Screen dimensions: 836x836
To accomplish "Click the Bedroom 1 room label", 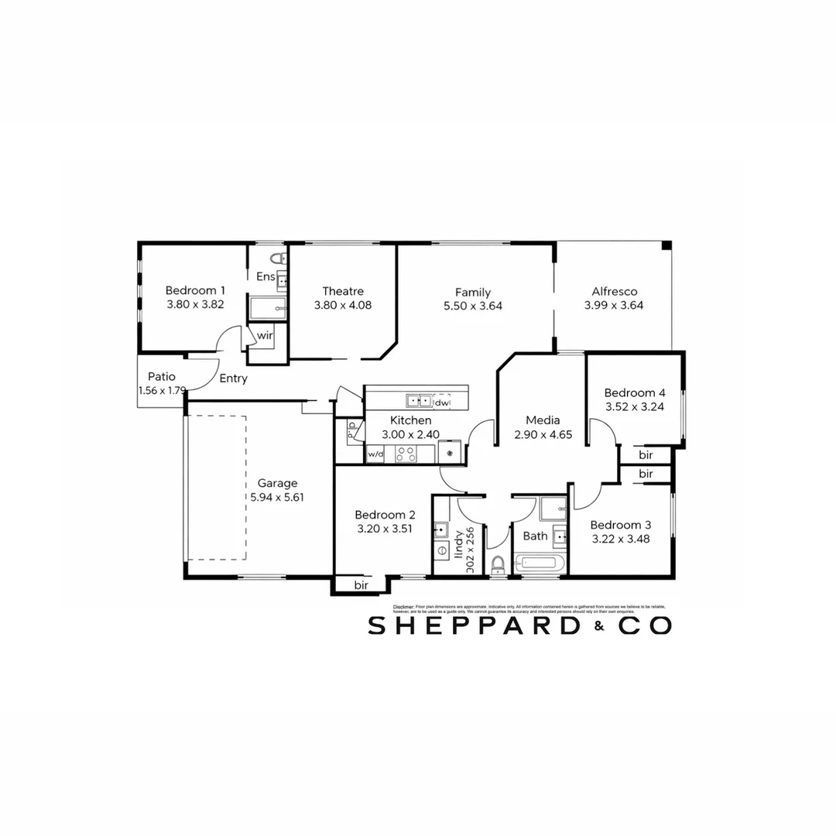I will click(195, 290).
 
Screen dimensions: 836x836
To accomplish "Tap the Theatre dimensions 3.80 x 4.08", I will click(343, 306).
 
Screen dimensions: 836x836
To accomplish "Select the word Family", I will click(472, 292).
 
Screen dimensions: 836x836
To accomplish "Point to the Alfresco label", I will click(614, 291).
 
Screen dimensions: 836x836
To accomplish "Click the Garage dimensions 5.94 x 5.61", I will click(277, 498).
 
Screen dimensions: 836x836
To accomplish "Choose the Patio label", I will click(162, 377).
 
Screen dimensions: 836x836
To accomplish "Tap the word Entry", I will click(233, 379).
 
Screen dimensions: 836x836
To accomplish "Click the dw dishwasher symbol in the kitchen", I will click(441, 403).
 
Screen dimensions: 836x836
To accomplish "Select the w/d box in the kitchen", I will click(375, 454).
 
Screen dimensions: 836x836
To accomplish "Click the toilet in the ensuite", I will click(279, 258).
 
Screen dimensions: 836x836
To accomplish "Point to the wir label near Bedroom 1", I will click(265, 335).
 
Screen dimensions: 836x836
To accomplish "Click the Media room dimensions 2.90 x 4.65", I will click(543, 435).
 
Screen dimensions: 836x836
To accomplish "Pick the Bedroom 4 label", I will click(634, 392).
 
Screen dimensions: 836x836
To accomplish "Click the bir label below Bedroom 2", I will click(361, 585).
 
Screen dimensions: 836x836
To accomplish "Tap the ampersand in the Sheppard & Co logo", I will click(598, 628).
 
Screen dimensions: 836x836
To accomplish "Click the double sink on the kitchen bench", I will click(420, 401).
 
